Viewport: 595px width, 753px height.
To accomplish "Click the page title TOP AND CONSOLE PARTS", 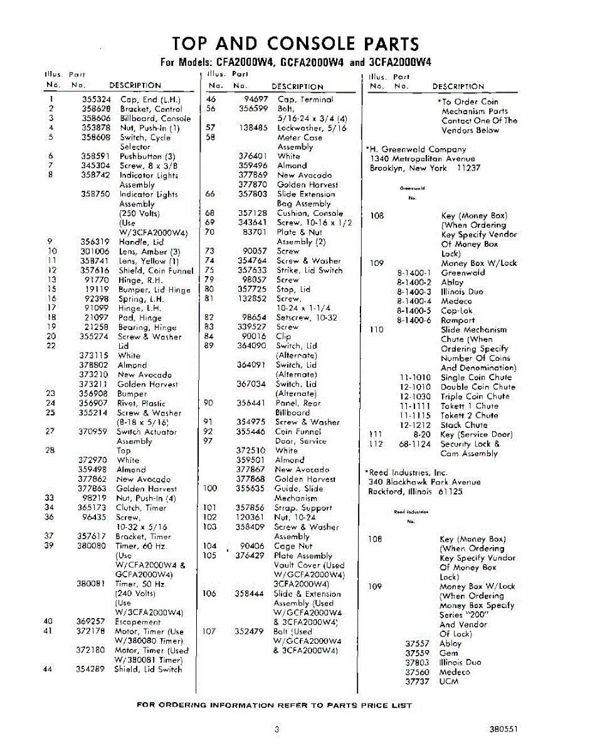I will [x=295, y=44].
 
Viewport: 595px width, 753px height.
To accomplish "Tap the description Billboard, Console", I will [x=155, y=118].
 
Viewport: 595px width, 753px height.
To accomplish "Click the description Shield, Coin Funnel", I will [x=156, y=270].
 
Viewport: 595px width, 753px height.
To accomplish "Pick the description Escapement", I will [x=137, y=622].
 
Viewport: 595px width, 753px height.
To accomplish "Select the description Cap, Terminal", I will [x=305, y=99].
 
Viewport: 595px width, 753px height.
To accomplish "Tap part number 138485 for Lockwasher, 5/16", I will [x=253, y=128].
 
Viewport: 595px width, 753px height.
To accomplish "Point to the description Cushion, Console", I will [x=310, y=213].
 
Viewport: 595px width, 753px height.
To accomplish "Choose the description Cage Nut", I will [x=293, y=546].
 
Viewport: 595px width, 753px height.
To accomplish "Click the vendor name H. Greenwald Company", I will [x=418, y=149].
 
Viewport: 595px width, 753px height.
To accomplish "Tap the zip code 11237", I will [x=468, y=168].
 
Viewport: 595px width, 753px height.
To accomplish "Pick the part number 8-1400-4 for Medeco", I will [x=414, y=301].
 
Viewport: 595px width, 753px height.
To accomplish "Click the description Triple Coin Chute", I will [x=475, y=396].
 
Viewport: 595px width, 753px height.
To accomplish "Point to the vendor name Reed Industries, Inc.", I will [x=408, y=472].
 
